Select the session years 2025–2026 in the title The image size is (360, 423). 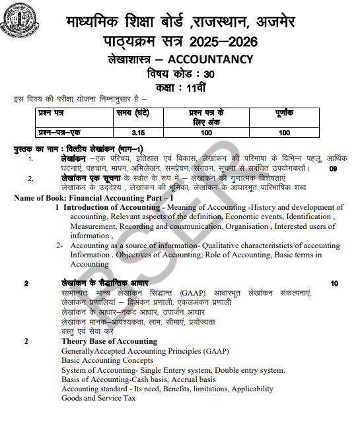(222, 42)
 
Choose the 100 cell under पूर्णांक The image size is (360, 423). (284, 133)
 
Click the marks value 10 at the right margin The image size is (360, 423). (334, 284)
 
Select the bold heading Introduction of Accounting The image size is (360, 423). (110, 207)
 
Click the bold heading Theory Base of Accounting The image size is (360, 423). (109, 341)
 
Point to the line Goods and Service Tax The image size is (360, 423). (98, 399)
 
